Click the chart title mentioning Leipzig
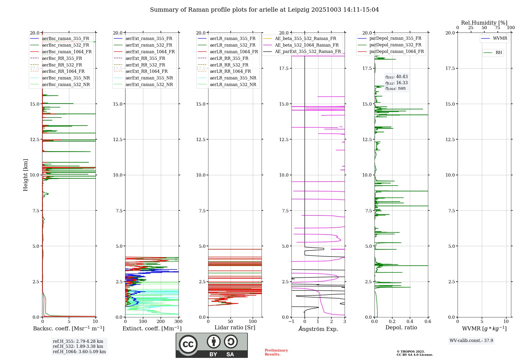point(264,10)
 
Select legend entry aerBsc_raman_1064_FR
point(67,52)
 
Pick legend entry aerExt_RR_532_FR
point(145,65)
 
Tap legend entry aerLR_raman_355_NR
point(233,78)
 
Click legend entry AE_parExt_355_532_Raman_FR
point(308,51)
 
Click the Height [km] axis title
point(25,175)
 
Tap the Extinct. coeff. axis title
point(152,328)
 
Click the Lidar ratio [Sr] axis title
point(235,327)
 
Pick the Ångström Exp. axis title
point(318,329)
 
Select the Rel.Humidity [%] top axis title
point(484,23)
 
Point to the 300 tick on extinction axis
point(179,321)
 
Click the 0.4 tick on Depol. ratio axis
point(410,321)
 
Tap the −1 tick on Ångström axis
point(291,321)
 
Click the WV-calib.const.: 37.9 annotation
point(471,340)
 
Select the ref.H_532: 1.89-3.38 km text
point(78,346)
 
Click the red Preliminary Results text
point(276,352)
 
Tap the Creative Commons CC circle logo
point(188,344)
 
